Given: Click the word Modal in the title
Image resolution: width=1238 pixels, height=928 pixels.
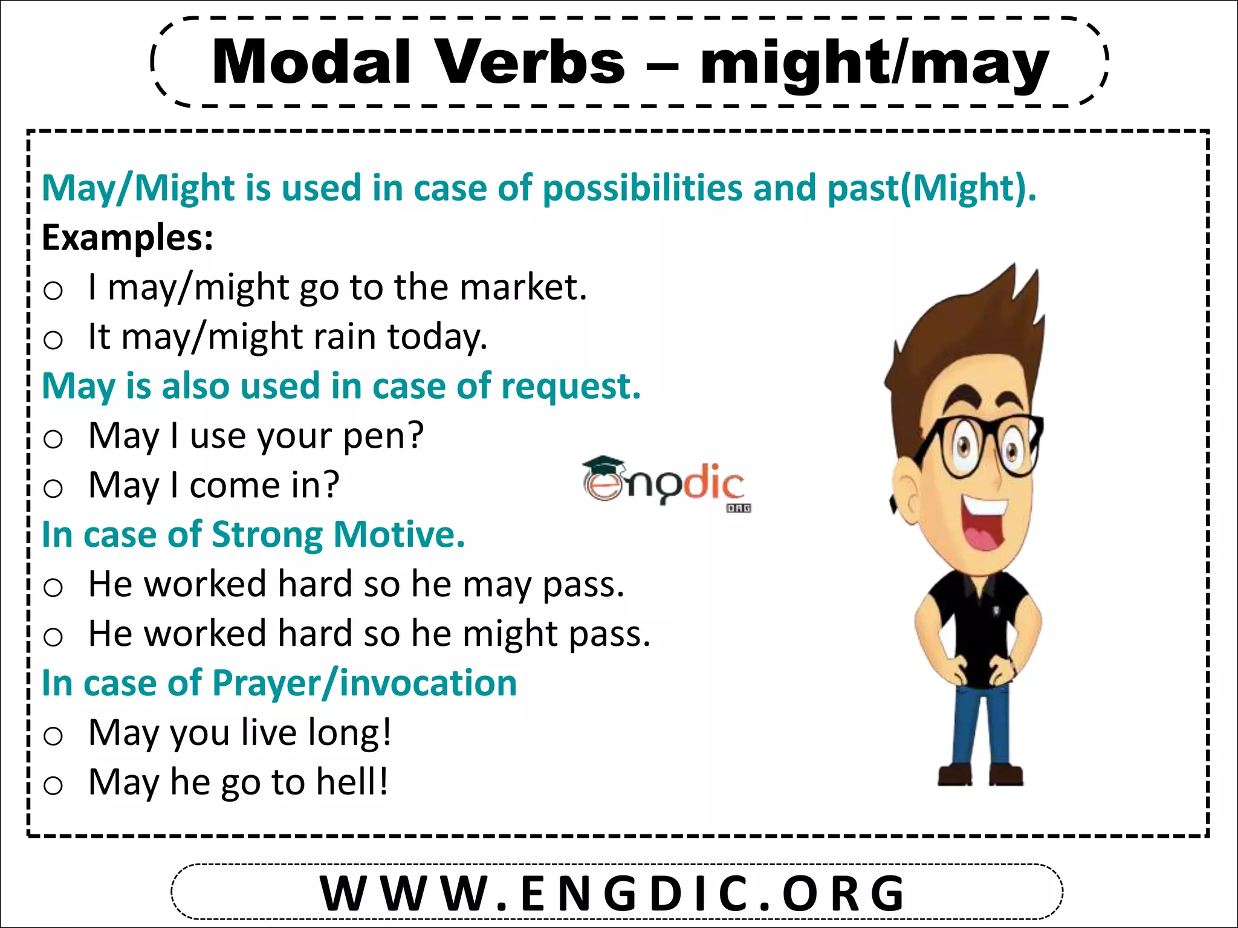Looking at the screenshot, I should (311, 62).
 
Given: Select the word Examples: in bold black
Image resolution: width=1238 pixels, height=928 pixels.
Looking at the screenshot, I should (128, 237).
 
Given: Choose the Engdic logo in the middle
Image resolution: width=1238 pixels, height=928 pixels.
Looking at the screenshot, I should (666, 483).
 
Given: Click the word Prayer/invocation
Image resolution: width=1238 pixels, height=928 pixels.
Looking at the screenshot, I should (365, 683).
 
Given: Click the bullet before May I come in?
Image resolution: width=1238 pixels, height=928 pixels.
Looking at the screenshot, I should (53, 488).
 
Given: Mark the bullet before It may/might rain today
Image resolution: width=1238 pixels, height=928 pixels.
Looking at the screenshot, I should (53, 340).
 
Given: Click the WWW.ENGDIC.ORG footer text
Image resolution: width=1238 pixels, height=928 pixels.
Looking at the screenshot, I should (613, 893).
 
